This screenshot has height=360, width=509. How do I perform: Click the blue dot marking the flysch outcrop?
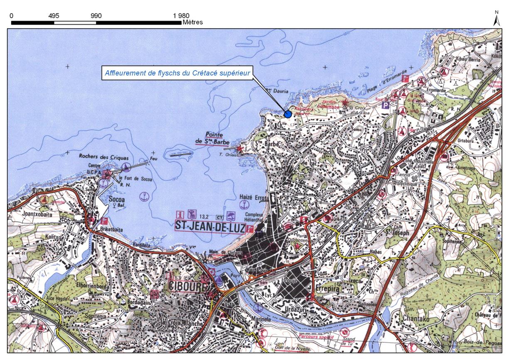pyautogui.click(x=287, y=114)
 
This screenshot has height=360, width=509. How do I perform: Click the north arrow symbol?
pyautogui.click(x=496, y=20)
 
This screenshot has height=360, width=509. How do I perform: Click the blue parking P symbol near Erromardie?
pyautogui.click(x=386, y=105)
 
